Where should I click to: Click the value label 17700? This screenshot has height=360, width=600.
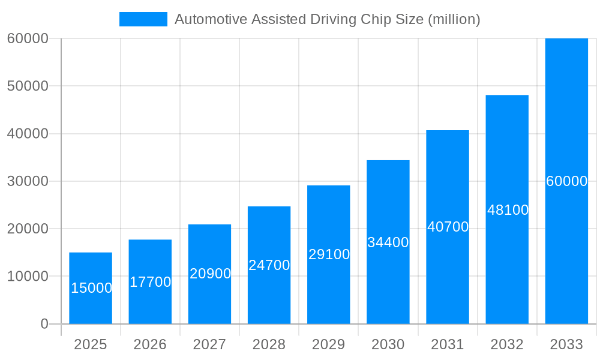pos(151,282)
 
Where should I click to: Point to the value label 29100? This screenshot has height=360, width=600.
pos(329,254)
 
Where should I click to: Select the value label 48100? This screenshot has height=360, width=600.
pos(508,210)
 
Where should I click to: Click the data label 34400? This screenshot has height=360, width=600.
pos(388,242)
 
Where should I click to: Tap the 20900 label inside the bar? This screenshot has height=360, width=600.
pos(210,274)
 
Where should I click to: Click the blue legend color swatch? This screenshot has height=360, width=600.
pos(143,19)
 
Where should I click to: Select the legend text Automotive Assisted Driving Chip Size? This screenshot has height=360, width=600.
pos(327,19)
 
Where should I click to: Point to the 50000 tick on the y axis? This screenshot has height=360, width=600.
pos(28,86)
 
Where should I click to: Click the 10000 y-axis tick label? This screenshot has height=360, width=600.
pos(28,276)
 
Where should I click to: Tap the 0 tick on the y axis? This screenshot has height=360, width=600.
pos(44,324)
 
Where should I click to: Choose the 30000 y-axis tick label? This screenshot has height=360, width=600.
pos(28,181)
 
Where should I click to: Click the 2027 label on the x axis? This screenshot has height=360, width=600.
pos(209,344)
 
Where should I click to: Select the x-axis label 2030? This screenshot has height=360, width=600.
pos(388,344)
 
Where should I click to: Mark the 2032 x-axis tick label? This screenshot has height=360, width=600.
pos(507,344)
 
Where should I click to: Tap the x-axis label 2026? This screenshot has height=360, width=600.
pos(150,344)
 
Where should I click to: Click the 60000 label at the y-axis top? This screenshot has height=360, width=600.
pos(28,38)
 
